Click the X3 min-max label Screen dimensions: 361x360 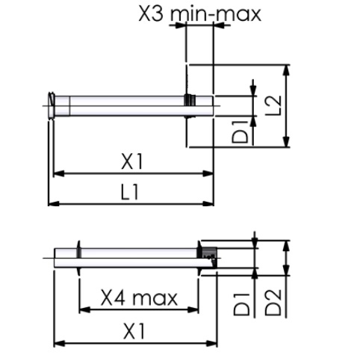[x=200, y=13]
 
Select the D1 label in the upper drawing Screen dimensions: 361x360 [x=240, y=130]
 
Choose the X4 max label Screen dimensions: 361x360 [x=140, y=298]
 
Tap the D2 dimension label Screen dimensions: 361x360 [x=274, y=299]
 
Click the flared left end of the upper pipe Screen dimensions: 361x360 [x=52, y=105]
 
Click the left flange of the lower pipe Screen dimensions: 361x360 [x=78, y=259]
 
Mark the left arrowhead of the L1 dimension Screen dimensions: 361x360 [x=52, y=202]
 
